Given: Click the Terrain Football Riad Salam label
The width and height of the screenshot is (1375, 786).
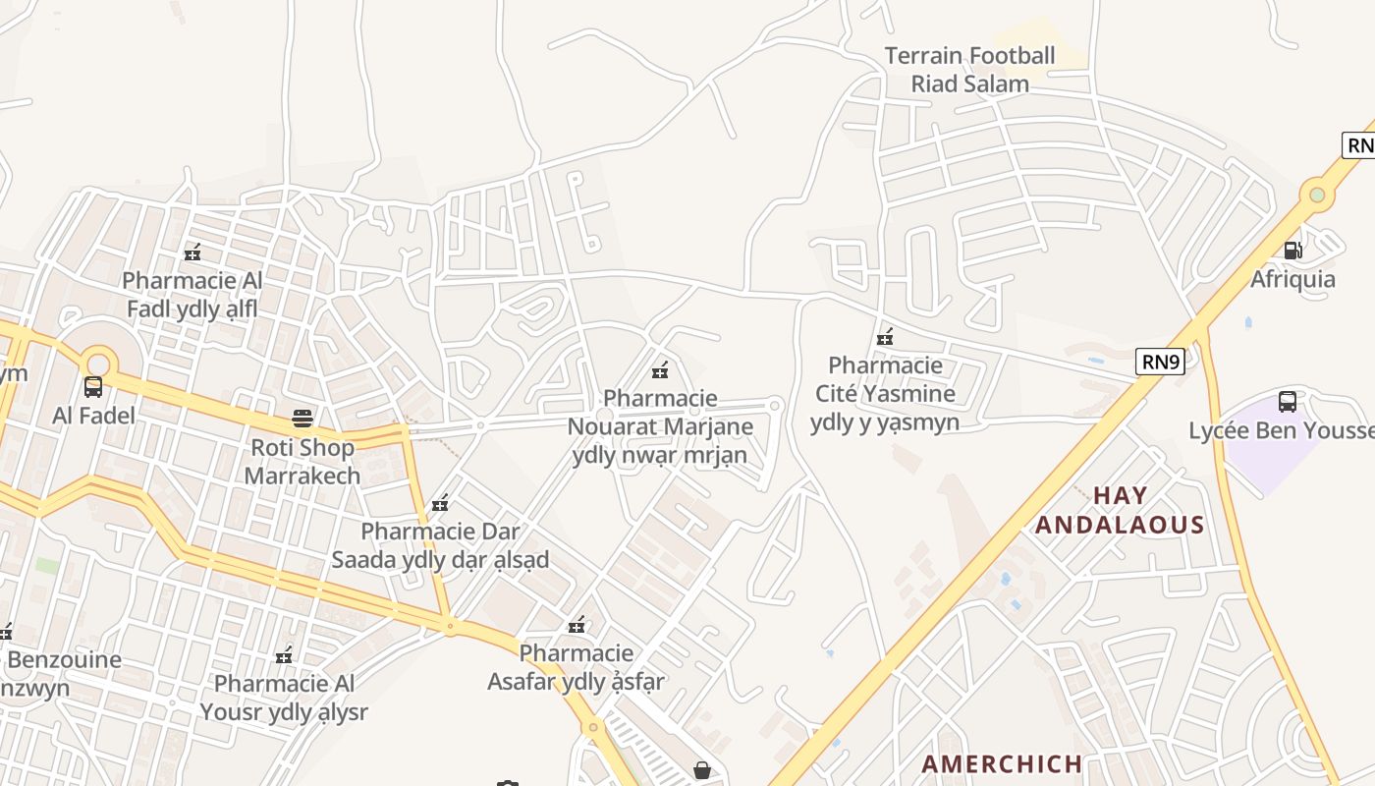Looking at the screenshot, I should [x=969, y=70].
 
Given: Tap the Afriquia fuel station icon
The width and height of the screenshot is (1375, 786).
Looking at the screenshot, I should [x=1292, y=251].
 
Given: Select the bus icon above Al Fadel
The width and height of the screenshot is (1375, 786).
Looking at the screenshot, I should [x=93, y=387].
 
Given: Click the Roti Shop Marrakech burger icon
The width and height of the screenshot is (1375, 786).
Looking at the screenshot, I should [x=302, y=419].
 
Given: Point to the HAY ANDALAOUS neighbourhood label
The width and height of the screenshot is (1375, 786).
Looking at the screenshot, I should [x=1120, y=510].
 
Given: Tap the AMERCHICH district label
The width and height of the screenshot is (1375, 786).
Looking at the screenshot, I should [x=1002, y=763].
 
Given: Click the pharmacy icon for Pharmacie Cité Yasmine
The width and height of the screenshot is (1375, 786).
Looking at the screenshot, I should [x=885, y=337].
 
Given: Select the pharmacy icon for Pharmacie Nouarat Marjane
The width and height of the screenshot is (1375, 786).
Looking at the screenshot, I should [x=660, y=370].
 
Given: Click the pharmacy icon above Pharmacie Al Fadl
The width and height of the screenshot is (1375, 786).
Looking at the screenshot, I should [x=192, y=253].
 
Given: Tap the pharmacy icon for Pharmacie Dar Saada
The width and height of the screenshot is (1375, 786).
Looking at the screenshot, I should [x=440, y=503].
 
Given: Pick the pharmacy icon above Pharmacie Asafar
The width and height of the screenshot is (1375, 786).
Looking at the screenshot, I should [x=577, y=624].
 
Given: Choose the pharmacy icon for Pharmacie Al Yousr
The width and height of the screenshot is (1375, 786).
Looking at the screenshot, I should [x=285, y=654].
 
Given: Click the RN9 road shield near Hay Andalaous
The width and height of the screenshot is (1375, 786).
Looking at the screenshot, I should [x=1160, y=362].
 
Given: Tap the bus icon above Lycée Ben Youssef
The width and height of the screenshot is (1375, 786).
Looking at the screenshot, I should [x=1287, y=401].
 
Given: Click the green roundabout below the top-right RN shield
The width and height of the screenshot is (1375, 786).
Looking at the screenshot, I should [x=1317, y=195].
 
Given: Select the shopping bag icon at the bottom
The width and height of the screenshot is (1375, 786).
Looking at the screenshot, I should [x=702, y=769].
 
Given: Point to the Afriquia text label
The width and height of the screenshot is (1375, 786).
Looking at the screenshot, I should [x=1292, y=279].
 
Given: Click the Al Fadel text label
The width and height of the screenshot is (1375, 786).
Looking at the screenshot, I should [x=93, y=416].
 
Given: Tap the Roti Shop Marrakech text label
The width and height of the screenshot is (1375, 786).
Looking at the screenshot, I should [x=302, y=462].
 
